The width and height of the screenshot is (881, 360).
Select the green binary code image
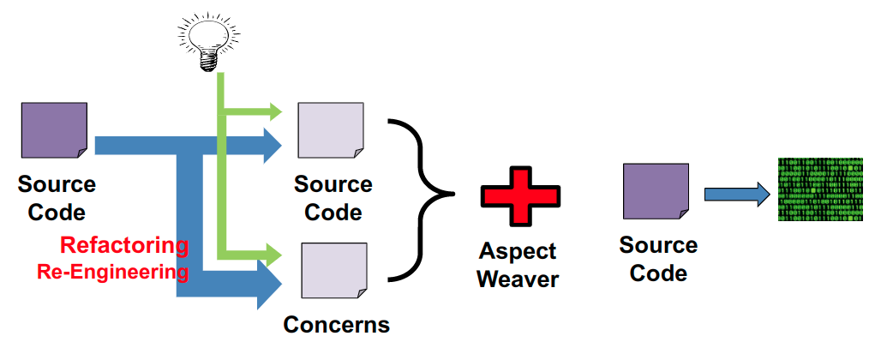point(820,189)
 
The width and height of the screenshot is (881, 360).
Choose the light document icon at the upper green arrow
point(331,132)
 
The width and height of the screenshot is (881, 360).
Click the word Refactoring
point(124,245)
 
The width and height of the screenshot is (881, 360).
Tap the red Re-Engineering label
point(112,272)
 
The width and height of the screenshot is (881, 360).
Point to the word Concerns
point(336,325)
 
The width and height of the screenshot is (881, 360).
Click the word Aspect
point(518,252)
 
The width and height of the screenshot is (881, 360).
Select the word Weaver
point(518,279)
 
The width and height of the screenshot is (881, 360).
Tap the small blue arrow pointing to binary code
point(736,194)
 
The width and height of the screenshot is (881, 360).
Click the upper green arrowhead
point(275,111)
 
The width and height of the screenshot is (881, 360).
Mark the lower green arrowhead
point(275,254)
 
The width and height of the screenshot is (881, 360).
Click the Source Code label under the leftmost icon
point(57,198)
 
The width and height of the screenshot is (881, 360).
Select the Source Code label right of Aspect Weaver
point(658,260)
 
